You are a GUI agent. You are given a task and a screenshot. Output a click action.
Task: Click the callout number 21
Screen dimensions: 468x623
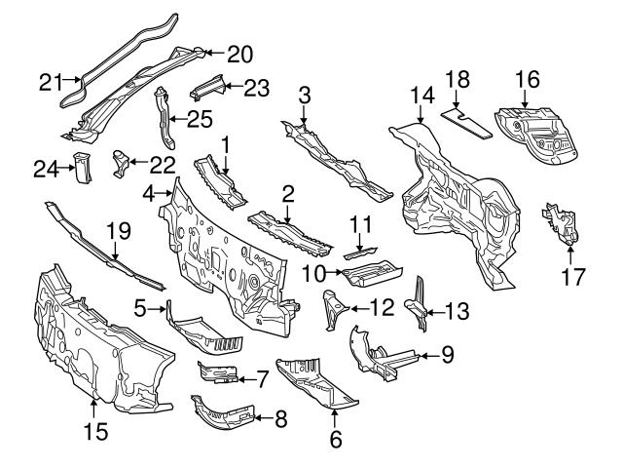(52, 84)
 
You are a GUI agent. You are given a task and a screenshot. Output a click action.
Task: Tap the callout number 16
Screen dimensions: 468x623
(527, 79)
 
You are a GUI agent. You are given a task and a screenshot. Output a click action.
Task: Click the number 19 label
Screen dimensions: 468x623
(118, 231)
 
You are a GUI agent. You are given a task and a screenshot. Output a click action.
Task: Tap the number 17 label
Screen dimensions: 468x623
(573, 276)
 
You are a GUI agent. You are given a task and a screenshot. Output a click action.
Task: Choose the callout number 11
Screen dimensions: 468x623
(361, 227)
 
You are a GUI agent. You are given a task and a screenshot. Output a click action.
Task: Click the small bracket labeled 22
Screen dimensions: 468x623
(120, 161)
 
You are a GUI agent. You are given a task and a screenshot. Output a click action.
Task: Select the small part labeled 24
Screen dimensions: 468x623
(81, 168)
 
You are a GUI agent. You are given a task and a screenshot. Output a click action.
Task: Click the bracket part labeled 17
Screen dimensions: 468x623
(558, 225)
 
